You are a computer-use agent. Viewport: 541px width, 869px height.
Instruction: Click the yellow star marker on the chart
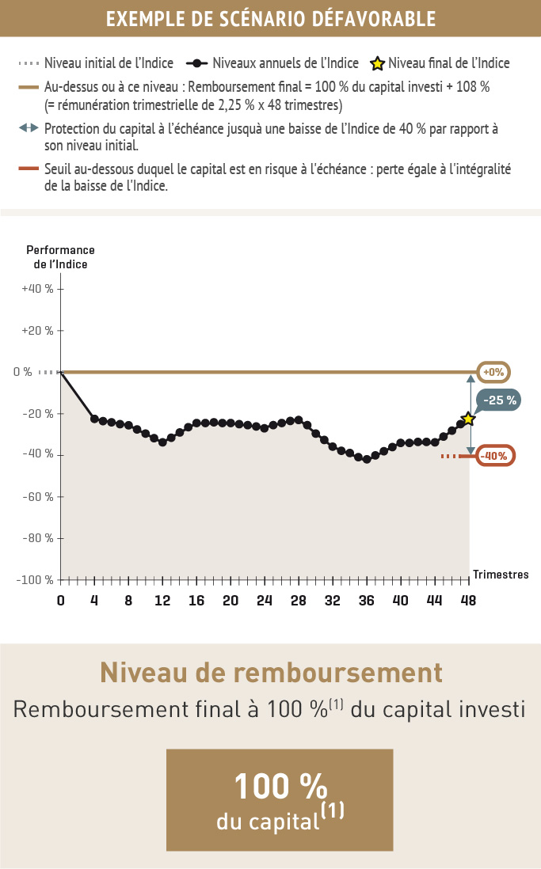point(467,418)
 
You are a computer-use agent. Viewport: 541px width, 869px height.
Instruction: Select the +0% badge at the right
point(493,372)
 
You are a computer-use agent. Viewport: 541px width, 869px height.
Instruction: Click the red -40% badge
point(495,456)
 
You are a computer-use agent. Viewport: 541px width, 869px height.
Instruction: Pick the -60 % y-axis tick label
point(39,496)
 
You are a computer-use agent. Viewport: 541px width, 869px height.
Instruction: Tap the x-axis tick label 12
point(162,600)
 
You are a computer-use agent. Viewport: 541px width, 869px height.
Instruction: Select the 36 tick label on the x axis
point(366,600)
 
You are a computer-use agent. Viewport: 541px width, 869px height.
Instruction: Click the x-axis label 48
point(468,600)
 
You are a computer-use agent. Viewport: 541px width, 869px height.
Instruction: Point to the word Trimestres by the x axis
point(501,575)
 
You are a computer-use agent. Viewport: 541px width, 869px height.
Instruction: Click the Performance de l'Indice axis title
point(60,257)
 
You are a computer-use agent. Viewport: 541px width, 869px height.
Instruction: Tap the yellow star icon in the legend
point(378,63)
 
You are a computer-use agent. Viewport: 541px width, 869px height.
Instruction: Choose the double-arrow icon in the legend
point(28,127)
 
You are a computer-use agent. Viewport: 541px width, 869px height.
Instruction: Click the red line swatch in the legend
point(28,168)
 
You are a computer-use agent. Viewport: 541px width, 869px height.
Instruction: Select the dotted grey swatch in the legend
point(28,63)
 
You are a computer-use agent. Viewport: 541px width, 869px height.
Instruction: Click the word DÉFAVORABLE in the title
point(367,18)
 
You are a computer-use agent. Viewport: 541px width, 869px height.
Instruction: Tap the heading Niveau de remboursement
point(270,673)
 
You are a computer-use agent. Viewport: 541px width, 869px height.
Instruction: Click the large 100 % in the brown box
point(280,787)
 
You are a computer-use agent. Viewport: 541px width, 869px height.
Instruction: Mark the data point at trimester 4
point(95,419)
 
